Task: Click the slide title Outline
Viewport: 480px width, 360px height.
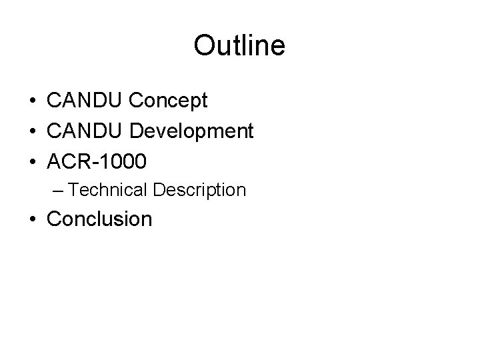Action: click(x=239, y=45)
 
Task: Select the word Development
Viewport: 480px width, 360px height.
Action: click(x=191, y=131)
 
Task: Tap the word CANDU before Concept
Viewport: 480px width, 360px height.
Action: click(x=85, y=101)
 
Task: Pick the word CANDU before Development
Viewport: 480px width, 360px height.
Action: click(x=85, y=131)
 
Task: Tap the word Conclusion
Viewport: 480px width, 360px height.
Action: click(x=99, y=219)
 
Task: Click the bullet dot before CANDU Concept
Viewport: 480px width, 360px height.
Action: click(x=32, y=101)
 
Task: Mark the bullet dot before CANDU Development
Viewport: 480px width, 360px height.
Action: click(x=32, y=131)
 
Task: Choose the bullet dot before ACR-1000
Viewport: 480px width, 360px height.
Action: click(x=32, y=161)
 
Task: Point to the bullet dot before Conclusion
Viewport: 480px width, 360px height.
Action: click(x=32, y=219)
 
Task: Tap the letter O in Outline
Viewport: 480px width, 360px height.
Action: click(x=203, y=45)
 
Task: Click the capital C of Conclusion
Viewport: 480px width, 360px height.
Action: click(x=54, y=219)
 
